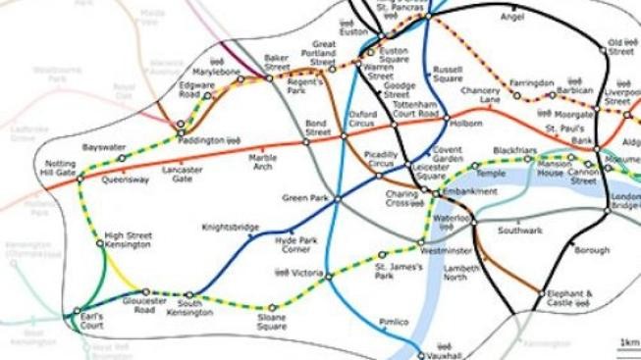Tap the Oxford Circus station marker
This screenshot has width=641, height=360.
click(x=344, y=138)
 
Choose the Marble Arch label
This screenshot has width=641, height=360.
click(x=262, y=162)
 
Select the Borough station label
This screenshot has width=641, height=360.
click(x=591, y=251)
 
